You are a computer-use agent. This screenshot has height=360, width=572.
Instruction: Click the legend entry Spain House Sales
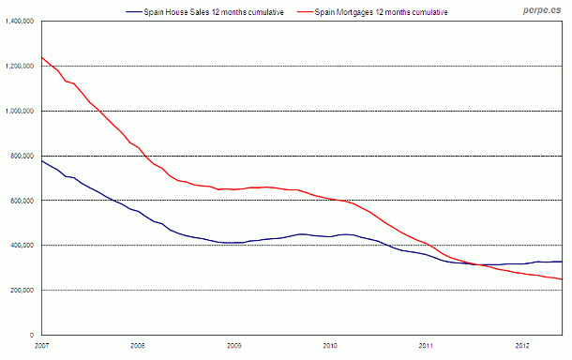211,11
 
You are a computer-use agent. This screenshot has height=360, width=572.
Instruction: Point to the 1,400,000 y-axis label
19,21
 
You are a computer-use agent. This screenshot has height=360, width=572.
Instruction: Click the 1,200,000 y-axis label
19,66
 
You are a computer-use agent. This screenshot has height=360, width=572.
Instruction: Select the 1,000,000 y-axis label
19,111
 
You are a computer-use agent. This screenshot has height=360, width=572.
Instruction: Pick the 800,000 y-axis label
22,156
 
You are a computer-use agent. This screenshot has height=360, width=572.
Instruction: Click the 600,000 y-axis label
22,201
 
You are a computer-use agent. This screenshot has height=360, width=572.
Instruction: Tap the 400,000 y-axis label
22,246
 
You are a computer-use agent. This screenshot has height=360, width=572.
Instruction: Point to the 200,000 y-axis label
22,291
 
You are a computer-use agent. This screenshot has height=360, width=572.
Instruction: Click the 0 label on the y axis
33,335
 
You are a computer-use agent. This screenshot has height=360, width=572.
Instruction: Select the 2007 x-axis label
40,346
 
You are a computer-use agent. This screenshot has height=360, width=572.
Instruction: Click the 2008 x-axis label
137,346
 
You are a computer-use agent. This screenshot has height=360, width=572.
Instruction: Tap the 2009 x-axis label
233,346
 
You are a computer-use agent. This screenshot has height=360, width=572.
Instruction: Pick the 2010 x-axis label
330,346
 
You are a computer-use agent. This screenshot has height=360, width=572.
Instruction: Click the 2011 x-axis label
427,346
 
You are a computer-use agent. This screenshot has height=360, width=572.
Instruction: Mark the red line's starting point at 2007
41,57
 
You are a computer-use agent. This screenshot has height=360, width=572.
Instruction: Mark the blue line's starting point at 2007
41,160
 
